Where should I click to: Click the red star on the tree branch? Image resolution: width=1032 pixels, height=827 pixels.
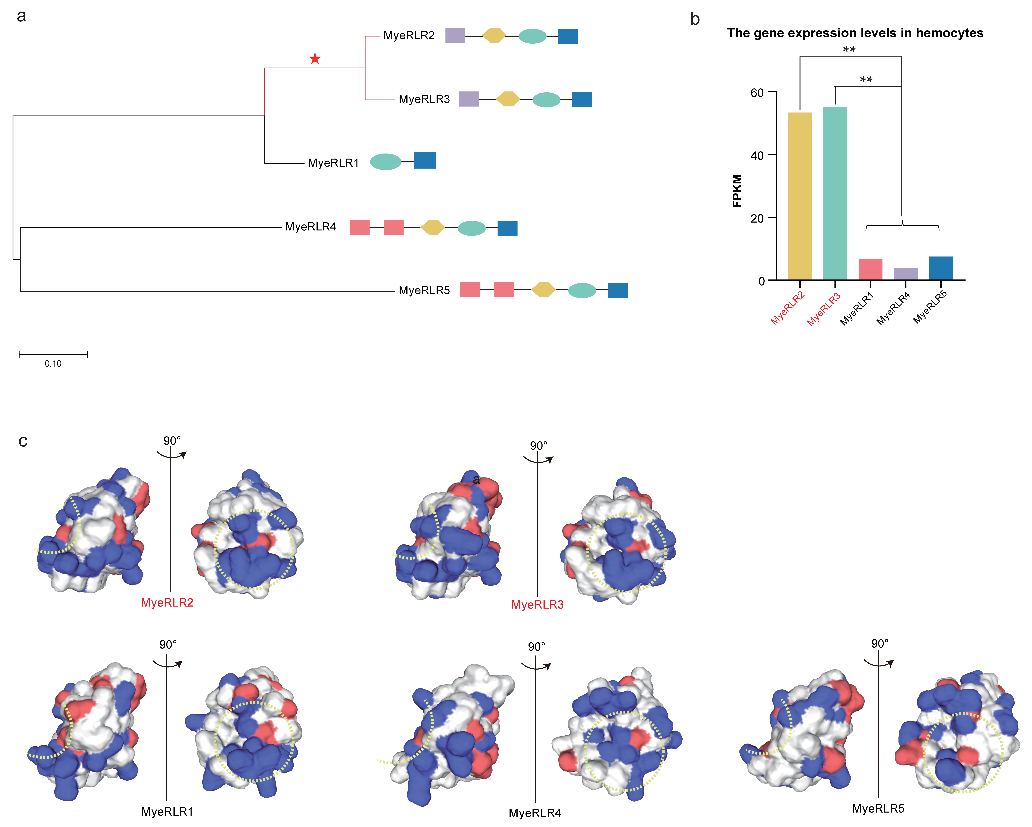(314, 59)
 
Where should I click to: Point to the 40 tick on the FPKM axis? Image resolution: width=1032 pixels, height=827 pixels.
(757, 156)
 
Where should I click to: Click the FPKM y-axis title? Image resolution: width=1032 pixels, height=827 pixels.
(737, 191)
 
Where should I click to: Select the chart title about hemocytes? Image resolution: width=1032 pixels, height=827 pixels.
(855, 33)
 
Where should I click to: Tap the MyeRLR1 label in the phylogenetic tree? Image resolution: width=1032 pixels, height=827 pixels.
(333, 163)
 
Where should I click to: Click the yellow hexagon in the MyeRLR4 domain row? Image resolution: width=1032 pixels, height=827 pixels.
(433, 227)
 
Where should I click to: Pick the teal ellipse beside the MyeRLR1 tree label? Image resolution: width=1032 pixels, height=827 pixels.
(385, 162)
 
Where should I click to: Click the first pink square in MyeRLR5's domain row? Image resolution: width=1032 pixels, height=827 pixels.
(470, 290)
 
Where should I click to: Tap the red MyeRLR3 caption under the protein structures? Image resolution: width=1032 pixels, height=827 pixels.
(537, 605)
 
